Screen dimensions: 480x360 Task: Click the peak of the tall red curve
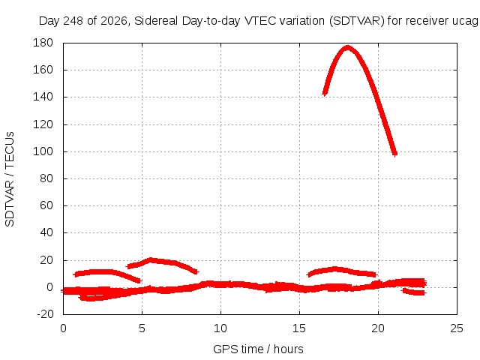click(x=347, y=47)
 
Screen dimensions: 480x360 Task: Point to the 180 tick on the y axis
click(x=43, y=43)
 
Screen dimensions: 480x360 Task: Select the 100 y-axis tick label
click(x=43, y=151)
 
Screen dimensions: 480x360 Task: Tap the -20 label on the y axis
click(x=45, y=314)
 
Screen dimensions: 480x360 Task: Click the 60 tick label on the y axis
click(x=46, y=205)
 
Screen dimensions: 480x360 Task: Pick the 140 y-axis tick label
click(x=43, y=97)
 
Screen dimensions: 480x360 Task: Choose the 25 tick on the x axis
click(x=457, y=328)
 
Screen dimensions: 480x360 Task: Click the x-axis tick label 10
click(x=220, y=328)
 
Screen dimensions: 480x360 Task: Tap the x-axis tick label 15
click(x=299, y=328)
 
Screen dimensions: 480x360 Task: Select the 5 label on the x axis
click(x=142, y=328)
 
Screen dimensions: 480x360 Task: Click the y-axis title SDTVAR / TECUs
click(x=10, y=179)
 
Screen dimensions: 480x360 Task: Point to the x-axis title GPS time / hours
click(x=258, y=349)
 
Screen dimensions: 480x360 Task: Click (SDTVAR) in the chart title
click(x=357, y=21)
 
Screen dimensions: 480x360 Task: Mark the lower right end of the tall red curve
click(x=395, y=154)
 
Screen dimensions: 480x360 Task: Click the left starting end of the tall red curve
click(x=325, y=93)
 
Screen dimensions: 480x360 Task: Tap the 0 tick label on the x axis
click(x=63, y=328)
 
